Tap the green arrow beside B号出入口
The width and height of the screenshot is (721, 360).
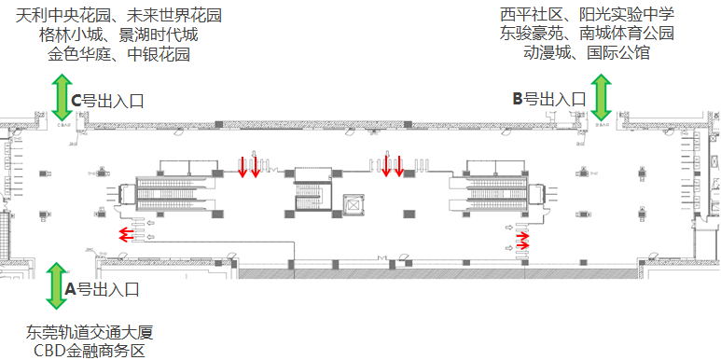(x=600, y=98)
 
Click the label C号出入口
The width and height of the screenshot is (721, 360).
(x=107, y=101)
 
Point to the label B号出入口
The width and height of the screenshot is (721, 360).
(x=548, y=99)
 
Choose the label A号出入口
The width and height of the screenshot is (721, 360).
(x=102, y=289)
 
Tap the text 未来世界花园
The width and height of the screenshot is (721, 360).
(x=177, y=16)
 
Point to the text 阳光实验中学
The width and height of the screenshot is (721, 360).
(x=626, y=15)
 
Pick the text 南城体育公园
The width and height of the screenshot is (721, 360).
(x=626, y=34)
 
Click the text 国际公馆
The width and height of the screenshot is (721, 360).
(x=619, y=52)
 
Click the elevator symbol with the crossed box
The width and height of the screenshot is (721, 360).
(x=354, y=204)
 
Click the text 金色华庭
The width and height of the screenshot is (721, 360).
(x=77, y=54)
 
